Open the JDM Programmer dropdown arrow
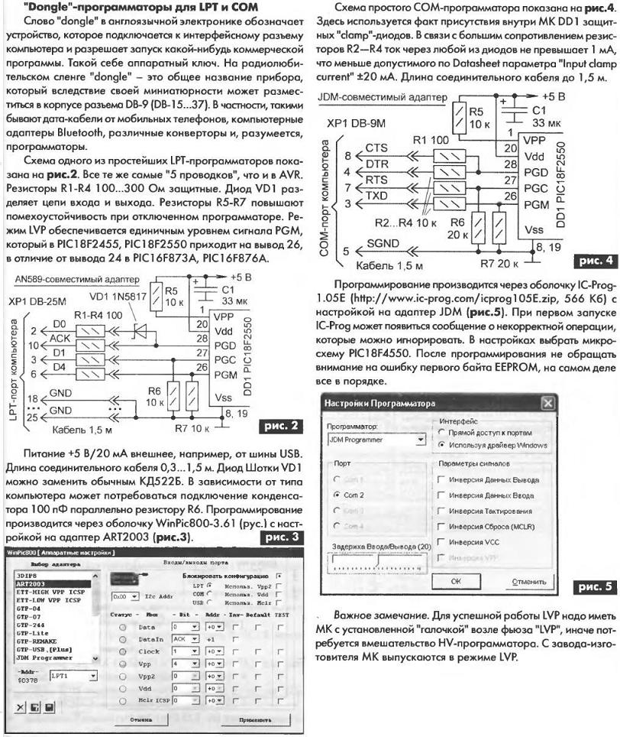click(420, 439)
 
